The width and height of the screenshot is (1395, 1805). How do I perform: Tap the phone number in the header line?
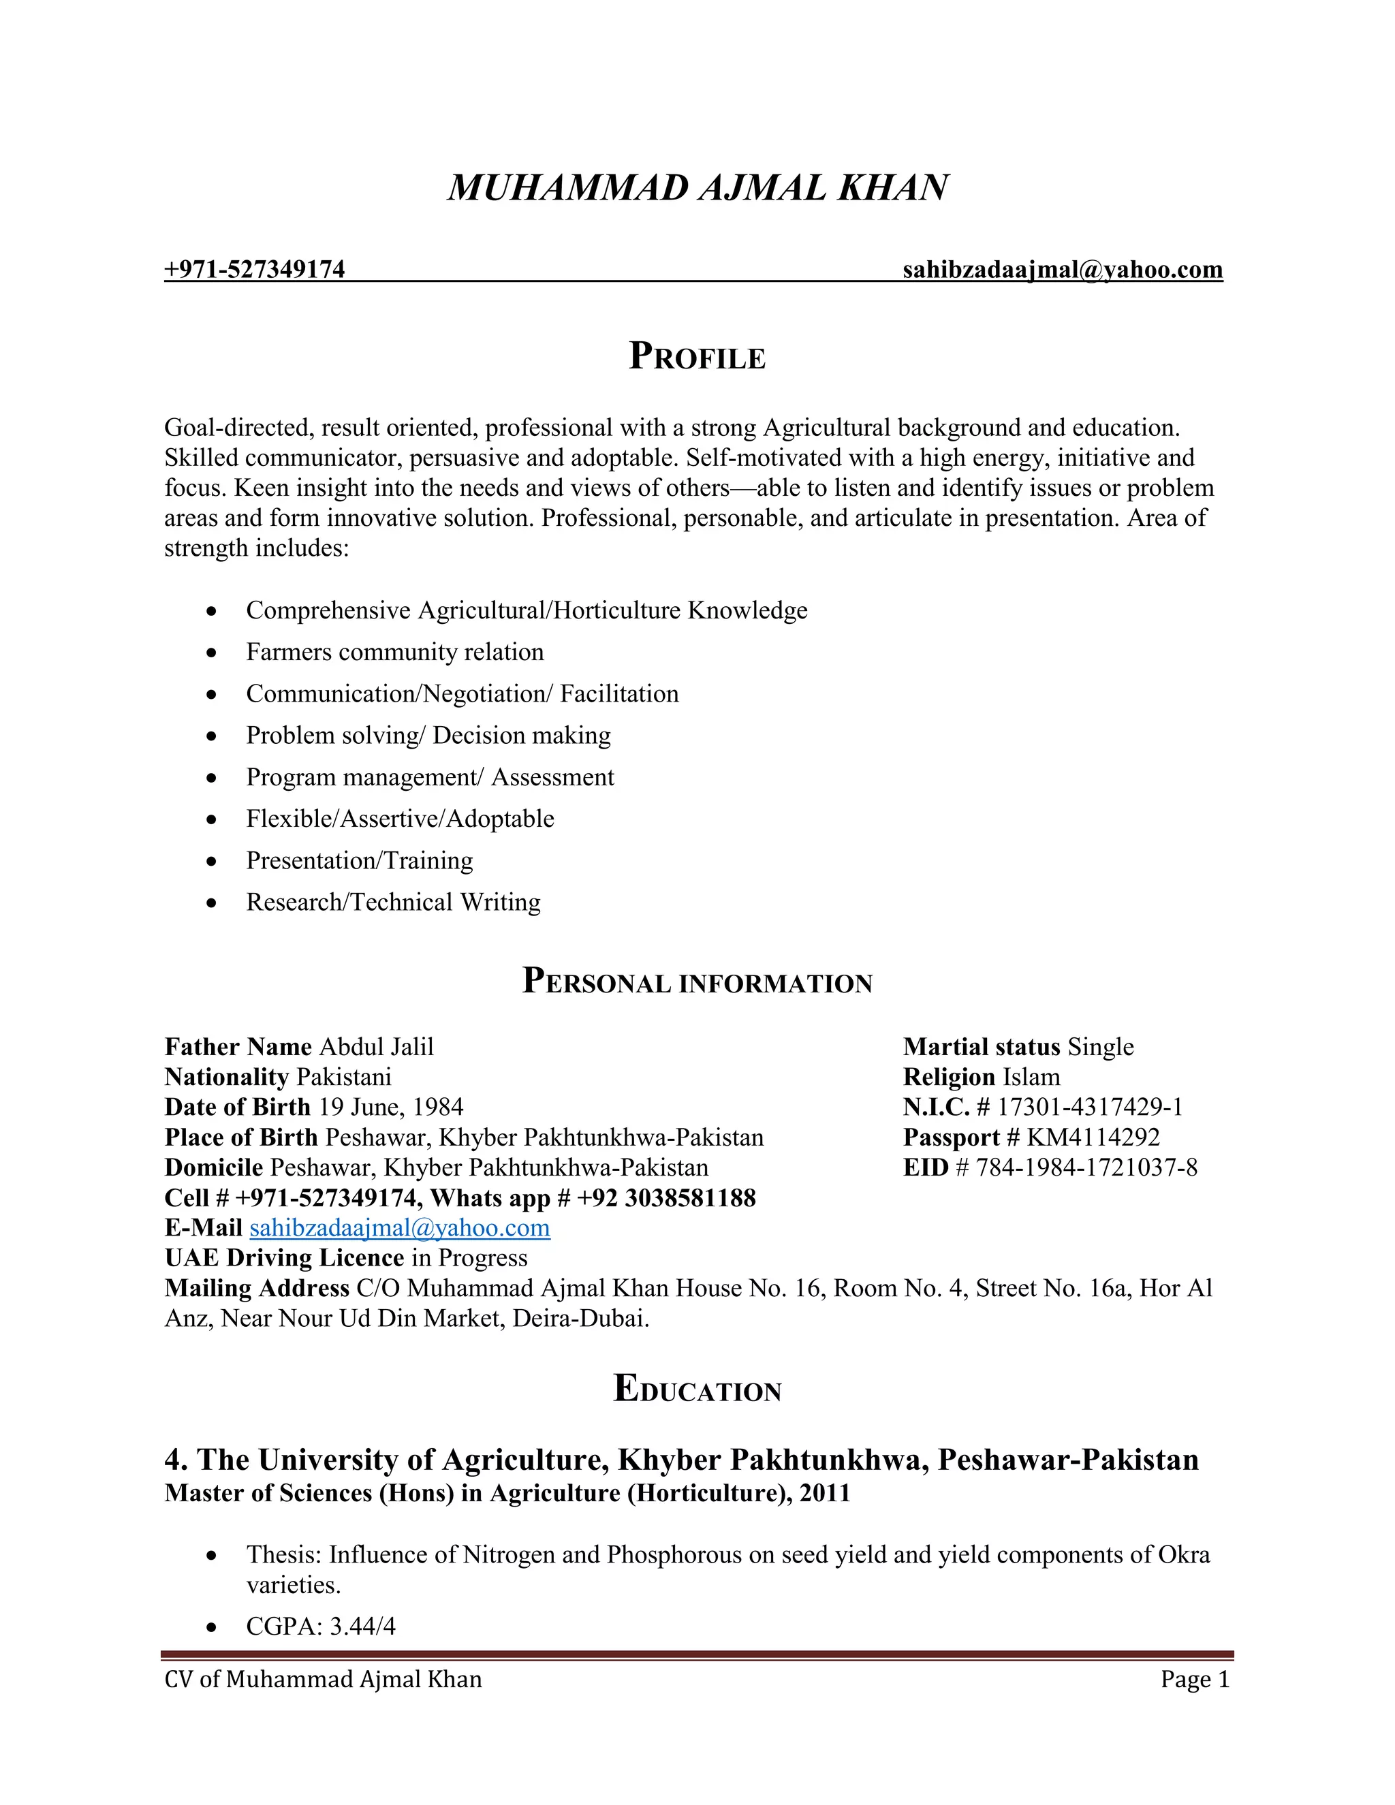pos(255,270)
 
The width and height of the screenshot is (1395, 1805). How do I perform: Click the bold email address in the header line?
pos(1062,270)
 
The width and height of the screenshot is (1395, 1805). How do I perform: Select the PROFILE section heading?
pos(697,357)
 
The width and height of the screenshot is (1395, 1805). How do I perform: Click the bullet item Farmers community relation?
pos(395,652)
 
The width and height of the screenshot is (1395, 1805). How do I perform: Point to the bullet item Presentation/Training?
pos(360,860)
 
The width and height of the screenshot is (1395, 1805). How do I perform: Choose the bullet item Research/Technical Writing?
pos(394,902)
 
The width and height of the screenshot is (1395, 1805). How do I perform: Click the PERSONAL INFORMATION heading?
pos(697,982)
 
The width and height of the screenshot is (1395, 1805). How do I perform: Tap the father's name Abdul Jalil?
pos(376,1047)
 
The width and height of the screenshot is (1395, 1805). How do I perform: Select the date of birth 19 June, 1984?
pos(391,1108)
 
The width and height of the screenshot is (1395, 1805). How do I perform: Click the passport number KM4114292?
pos(1093,1137)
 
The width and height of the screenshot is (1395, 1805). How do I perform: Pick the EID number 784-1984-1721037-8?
pos(1086,1167)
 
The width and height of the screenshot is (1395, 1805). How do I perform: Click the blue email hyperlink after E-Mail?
pos(400,1228)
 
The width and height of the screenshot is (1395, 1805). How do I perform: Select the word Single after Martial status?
pos(1100,1047)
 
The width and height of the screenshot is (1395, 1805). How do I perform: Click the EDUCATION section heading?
pos(697,1390)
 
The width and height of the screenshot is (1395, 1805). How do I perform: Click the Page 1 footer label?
pos(1194,1680)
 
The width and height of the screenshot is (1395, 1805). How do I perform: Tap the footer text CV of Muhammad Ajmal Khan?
pos(323,1680)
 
